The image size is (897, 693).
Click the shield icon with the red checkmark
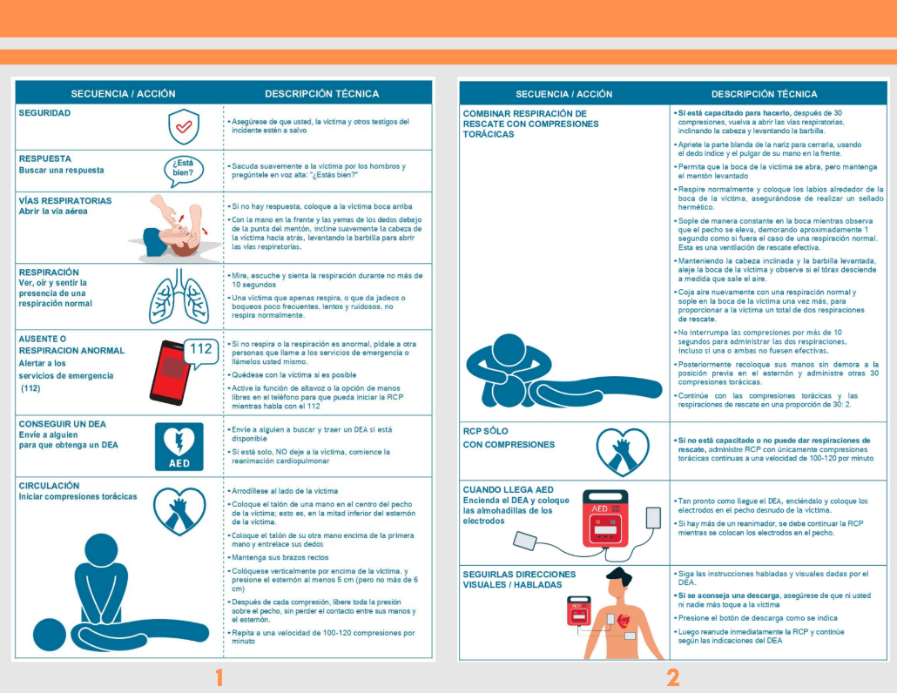184,126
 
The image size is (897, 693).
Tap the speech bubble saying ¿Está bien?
184,171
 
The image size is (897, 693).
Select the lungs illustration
179,296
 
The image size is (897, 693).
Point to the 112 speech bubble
201,351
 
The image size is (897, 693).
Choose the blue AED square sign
179,447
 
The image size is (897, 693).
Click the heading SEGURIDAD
44,113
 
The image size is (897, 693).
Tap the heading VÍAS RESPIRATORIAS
65,201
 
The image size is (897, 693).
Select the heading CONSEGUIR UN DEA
63,424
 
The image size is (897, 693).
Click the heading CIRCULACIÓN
49,486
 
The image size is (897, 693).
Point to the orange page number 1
219,677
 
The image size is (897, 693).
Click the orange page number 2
673,677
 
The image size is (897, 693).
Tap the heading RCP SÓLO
486,431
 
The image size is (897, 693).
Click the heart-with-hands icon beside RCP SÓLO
623,453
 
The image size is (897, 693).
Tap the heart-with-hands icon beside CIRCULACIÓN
179,511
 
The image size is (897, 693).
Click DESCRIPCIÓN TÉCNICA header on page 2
765,94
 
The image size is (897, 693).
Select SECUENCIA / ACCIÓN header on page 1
123,94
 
